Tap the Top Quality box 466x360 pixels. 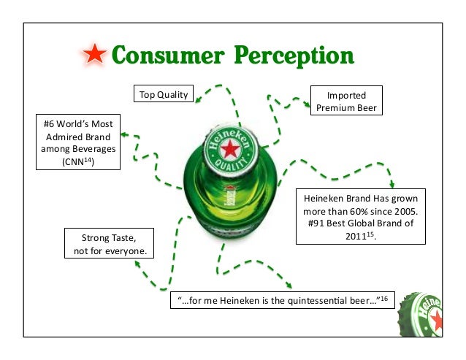coord(163,94)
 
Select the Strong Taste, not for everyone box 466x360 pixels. coord(110,245)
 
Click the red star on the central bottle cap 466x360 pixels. coord(230,150)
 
